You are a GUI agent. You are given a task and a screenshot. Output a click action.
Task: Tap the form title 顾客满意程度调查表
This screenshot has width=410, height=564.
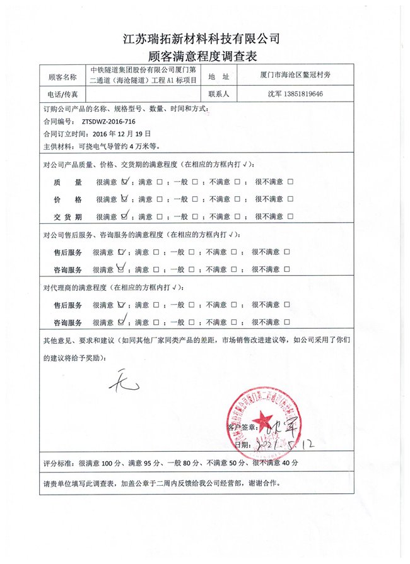pos(204,57)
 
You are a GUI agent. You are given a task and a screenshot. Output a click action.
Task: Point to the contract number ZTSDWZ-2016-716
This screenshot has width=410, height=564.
pos(107,121)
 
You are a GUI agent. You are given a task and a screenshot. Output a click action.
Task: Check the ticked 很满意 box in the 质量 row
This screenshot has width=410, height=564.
pos(125,182)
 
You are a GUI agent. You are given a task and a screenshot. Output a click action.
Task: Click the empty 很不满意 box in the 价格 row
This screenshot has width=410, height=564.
pos(290,199)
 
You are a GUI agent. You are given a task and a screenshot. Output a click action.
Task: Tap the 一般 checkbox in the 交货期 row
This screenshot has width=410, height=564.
pos(195,216)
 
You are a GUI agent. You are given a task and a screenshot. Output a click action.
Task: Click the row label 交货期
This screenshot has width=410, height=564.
pos(67,216)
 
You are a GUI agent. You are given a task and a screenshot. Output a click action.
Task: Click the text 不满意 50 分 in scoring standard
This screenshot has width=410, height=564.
pos(224,463)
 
